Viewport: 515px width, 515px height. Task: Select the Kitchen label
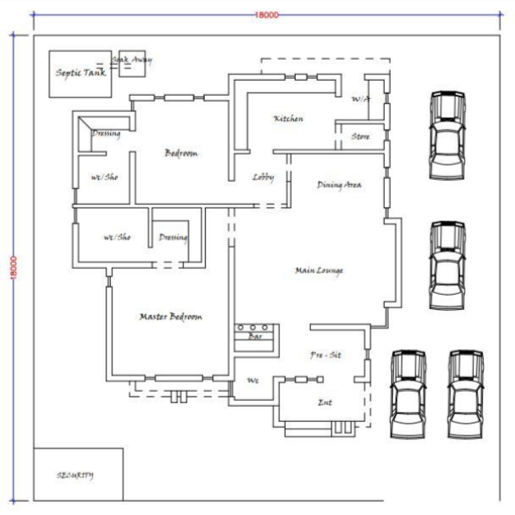point(288,119)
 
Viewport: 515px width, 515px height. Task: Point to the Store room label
point(360,136)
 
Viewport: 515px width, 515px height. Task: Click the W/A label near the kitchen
point(360,99)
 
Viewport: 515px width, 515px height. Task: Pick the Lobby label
point(263,177)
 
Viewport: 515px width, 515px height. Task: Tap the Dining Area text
point(339,185)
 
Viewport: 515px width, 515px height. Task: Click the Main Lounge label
point(319,271)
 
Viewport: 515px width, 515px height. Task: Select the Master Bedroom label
point(171,317)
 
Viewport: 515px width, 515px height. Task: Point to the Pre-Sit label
point(325,356)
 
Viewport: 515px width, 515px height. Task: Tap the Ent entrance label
point(324,402)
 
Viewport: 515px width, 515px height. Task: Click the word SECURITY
point(75,475)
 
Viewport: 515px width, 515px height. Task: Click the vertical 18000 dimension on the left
point(13,269)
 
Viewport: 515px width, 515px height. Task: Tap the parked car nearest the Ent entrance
point(407,393)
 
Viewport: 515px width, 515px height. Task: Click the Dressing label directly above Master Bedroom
point(173,238)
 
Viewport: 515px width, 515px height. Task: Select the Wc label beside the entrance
point(252,381)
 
